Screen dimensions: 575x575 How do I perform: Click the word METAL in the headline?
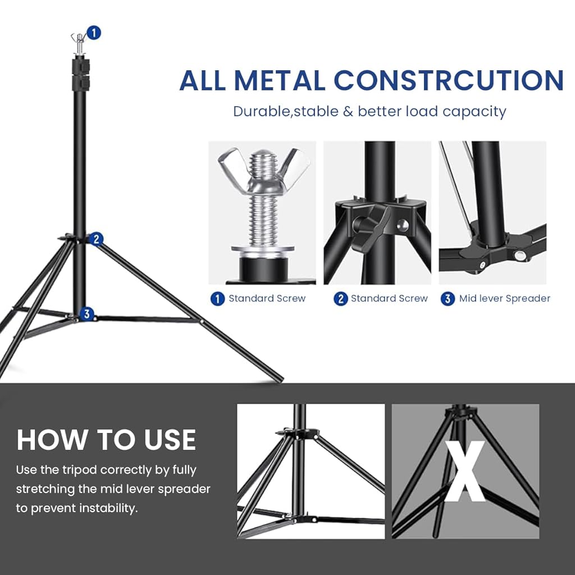pyautogui.click(x=279, y=80)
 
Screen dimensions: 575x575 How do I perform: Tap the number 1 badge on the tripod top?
pyautogui.click(x=94, y=33)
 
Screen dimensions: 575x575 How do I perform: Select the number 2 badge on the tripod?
pyautogui.click(x=96, y=239)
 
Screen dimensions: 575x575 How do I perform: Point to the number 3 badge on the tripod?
pyautogui.click(x=86, y=314)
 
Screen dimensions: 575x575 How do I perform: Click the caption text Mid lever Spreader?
pyautogui.click(x=504, y=299)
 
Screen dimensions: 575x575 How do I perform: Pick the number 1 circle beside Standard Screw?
pyautogui.click(x=217, y=299)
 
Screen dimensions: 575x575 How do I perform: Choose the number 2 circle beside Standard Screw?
pyautogui.click(x=340, y=299)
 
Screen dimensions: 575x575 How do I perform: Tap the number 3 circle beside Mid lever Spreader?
pyautogui.click(x=447, y=299)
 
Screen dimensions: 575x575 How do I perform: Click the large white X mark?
pyautogui.click(x=465, y=471)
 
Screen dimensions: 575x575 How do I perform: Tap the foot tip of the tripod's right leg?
pyautogui.click(x=279, y=378)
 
